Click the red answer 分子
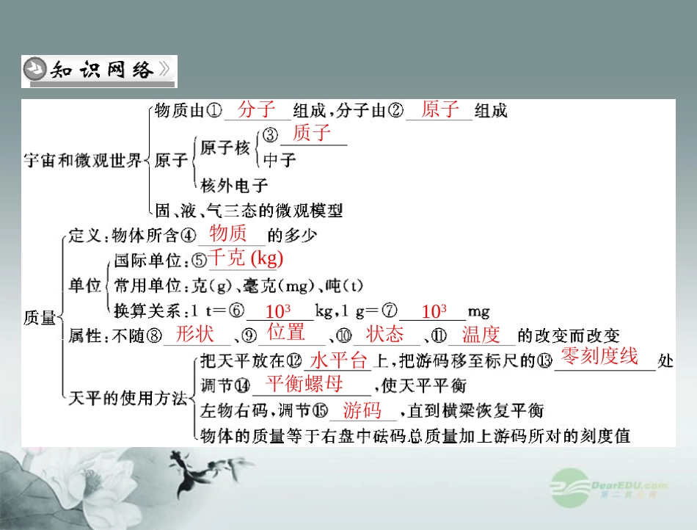[256, 110]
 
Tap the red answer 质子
[311, 134]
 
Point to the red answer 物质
[228, 234]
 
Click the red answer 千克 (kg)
[246, 258]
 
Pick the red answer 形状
[195, 334]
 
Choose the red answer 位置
[286, 332]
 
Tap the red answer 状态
[384, 334]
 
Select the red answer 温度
[481, 335]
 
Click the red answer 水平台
[337, 360]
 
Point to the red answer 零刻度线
[599, 357]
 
